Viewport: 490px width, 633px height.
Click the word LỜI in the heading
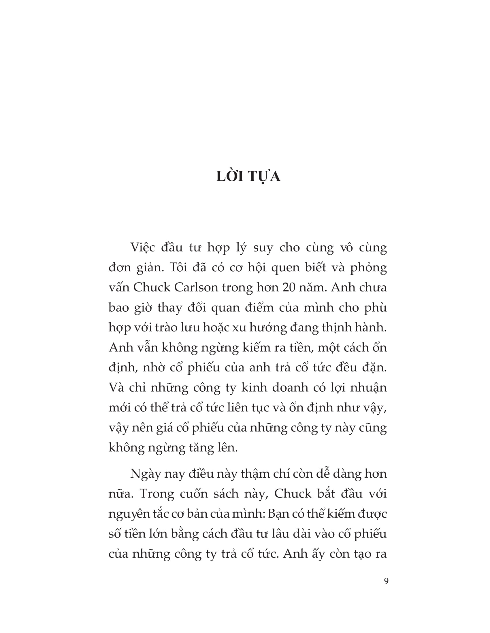point(230,176)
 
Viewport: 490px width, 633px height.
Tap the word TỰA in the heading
point(264,176)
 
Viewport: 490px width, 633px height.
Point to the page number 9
point(386,581)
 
